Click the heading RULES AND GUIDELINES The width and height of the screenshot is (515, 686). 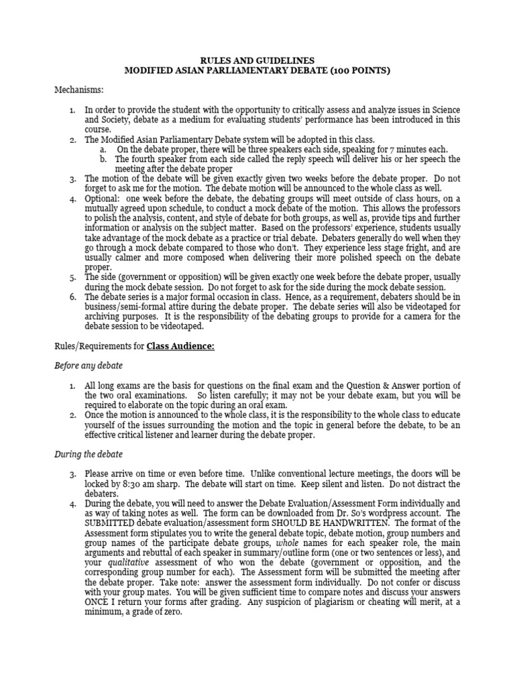pos(257,60)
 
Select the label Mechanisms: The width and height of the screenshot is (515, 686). pos(79,89)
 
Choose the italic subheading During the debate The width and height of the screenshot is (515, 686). pos(89,454)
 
